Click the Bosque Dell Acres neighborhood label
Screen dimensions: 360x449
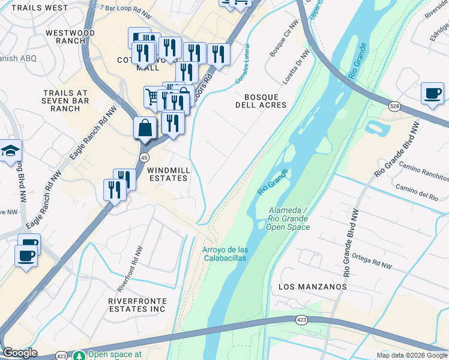[x=261, y=101]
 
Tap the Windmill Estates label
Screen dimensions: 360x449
[x=169, y=175]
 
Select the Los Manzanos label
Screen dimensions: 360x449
[x=313, y=287]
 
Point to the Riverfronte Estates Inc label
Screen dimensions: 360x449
[x=136, y=304]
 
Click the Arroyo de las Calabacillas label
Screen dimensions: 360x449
[x=225, y=254]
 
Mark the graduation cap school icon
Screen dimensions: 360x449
[x=11, y=151]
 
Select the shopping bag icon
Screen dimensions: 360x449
[x=145, y=127]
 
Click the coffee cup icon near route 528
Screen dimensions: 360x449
[x=432, y=94]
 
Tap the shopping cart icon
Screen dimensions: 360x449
[x=152, y=96]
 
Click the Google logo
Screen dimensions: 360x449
[x=20, y=353]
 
